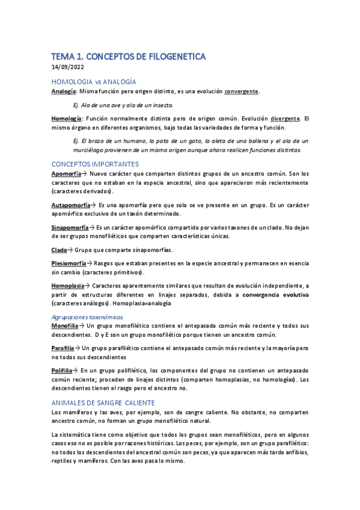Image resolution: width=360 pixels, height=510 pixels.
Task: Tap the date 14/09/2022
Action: coord(69,67)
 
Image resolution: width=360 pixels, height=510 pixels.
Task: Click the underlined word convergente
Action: coord(242,91)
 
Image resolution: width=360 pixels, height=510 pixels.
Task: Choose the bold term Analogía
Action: coord(64,91)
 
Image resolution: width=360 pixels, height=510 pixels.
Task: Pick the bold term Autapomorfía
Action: coord(70,205)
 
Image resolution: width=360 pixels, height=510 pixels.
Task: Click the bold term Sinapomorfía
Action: coord(70,227)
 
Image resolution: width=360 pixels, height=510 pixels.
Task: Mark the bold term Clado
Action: coord(59,250)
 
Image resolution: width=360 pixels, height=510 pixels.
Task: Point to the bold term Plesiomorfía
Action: coord(69,263)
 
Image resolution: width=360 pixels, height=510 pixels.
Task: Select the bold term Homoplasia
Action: coord(67,286)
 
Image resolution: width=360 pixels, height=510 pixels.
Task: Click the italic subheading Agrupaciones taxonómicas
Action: coord(87,316)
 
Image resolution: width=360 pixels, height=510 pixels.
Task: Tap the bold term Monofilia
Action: coord(65,325)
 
